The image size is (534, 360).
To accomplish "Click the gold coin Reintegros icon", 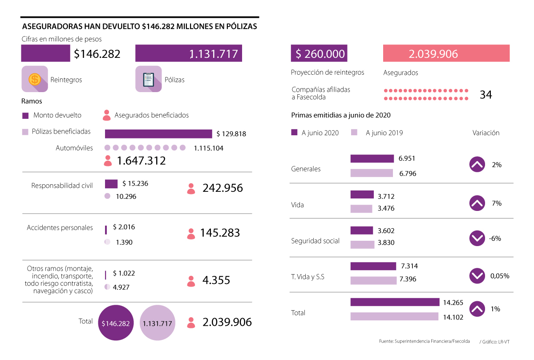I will click(35, 79).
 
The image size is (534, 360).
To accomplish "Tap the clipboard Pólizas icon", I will click(148, 79).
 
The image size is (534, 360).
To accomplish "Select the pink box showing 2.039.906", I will click(446, 54).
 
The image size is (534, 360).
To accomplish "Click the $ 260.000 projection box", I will click(319, 54).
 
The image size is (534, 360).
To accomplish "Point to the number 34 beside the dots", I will click(485, 95).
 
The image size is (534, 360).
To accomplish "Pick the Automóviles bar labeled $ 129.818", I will click(158, 133).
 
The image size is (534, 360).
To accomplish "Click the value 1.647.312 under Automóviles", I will click(141, 161).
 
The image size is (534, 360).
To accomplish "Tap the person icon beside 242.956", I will click(191, 188).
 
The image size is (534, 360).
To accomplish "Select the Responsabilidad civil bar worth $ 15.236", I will click(111, 183).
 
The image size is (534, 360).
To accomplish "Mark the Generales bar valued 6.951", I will click(372, 158).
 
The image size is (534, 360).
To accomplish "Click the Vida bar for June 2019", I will click(361, 208).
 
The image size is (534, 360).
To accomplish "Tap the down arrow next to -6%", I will click(477, 239).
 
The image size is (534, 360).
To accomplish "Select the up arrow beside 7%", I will click(477, 203).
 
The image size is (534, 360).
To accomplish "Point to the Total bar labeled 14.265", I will click(395, 302).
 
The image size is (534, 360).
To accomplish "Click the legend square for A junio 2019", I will click(354, 132).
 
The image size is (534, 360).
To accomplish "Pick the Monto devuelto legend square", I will click(25, 116).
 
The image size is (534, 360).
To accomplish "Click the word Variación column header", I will click(485, 133).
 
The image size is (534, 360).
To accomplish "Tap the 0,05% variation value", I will click(499, 276).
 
